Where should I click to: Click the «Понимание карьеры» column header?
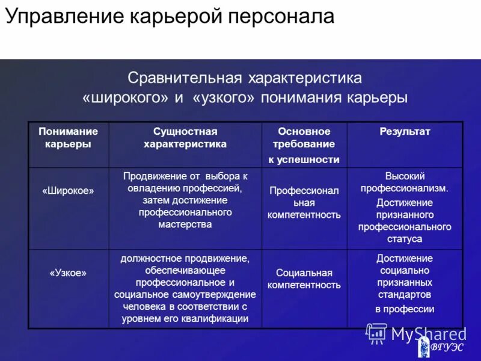click(x=68, y=138)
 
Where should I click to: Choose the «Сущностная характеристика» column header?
click(x=185, y=138)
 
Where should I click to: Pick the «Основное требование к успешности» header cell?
click(x=304, y=145)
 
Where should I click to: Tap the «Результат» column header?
click(x=405, y=132)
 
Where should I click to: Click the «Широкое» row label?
click(x=68, y=190)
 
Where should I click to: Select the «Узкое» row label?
click(x=68, y=273)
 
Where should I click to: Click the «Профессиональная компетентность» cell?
click(x=304, y=203)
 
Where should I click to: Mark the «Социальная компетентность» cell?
click(x=304, y=279)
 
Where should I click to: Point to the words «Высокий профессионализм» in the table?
click(x=405, y=182)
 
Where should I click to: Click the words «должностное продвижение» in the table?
click(x=185, y=258)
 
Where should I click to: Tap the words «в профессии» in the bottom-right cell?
click(x=405, y=309)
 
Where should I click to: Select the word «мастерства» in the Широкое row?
click(x=185, y=225)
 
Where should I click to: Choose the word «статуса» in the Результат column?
click(x=405, y=239)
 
